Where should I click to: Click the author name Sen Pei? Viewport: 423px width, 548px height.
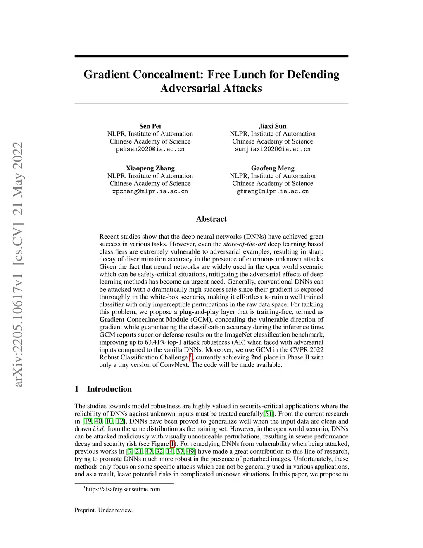150,126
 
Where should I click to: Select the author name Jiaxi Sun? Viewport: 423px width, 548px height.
272,126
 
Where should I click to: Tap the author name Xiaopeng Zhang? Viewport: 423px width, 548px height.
150,168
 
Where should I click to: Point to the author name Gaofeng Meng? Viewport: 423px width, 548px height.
273,168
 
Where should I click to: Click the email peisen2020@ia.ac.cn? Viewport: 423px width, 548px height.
150,149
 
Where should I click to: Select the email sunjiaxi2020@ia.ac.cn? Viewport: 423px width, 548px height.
273,149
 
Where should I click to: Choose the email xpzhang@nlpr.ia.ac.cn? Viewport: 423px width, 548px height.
150,191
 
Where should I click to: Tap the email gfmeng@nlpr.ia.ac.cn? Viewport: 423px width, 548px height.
273,191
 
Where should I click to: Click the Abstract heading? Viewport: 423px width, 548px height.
211,219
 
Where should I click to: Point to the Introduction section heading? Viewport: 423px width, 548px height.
109,389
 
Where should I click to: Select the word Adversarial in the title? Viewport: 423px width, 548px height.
190,89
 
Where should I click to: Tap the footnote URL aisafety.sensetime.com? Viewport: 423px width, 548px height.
123,489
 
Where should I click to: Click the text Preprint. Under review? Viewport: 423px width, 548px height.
104,510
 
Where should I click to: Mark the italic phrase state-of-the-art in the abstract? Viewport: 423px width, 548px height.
245,244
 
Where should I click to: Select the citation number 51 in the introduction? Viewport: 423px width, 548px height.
269,414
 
